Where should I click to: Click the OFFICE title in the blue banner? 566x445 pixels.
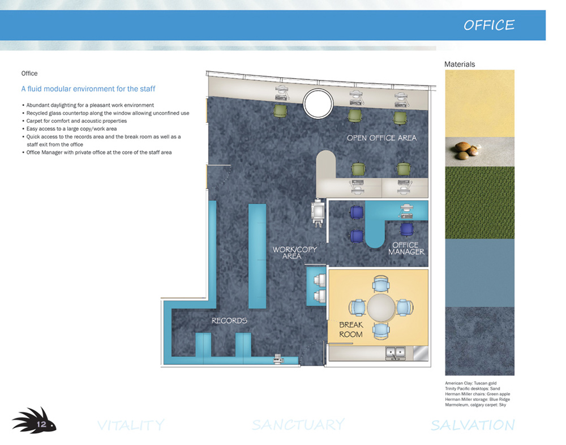489,25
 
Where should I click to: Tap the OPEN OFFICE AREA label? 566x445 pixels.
381,138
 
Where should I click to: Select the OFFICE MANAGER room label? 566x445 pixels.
406,248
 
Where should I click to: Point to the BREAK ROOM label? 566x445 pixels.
351,330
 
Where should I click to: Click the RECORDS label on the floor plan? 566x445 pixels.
229,320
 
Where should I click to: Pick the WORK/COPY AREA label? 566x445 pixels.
294,253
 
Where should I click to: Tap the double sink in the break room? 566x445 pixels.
395,353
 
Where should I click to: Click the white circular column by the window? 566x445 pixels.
318,103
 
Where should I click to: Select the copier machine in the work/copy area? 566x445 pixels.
318,213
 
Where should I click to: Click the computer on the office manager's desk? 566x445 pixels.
408,211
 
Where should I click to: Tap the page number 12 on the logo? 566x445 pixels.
41,424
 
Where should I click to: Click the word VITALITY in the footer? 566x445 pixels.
131,425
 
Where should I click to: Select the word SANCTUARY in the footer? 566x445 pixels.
298,425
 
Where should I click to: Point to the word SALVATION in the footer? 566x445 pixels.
473,425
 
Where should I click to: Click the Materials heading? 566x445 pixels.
460,65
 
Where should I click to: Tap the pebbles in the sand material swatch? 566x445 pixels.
466,150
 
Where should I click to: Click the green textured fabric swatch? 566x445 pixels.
480,202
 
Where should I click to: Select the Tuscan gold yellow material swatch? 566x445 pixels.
480,103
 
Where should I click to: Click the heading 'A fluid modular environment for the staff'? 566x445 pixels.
88,89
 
